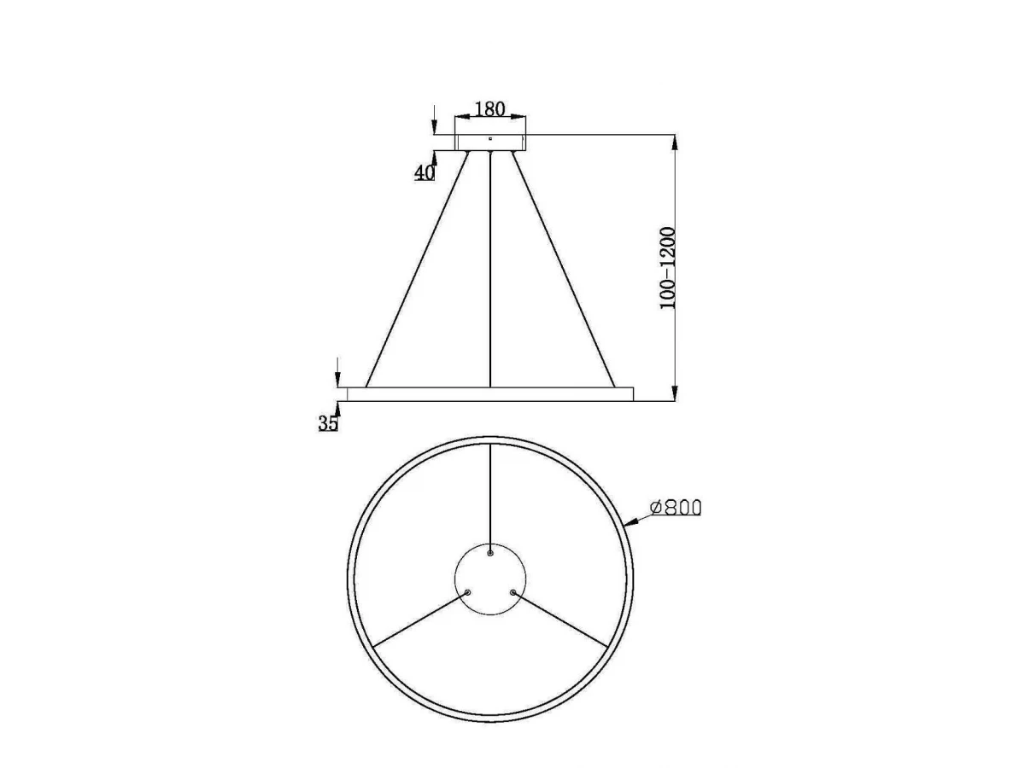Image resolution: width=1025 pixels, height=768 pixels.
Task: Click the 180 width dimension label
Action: click(489, 109)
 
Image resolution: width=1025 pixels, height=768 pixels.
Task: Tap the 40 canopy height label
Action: click(424, 173)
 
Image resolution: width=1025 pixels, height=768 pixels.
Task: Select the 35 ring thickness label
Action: click(328, 423)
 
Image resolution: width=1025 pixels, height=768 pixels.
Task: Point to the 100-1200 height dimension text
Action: click(668, 268)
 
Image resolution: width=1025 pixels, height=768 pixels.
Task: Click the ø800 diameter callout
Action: click(676, 508)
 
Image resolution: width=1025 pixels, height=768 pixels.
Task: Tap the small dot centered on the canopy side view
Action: click(489, 138)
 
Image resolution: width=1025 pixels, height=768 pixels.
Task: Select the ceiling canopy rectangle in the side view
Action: click(490, 143)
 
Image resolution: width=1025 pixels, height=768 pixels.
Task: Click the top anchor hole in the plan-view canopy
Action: click(489, 553)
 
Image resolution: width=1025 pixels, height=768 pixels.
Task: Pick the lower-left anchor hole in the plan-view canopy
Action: click(467, 592)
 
